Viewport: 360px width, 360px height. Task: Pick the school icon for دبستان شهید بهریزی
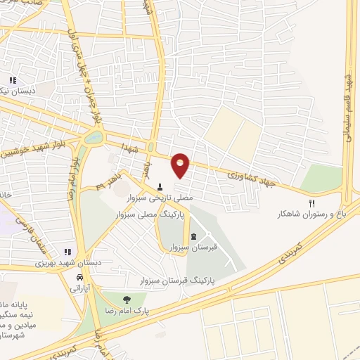(67, 251)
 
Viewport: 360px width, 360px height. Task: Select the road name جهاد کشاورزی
(252, 177)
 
